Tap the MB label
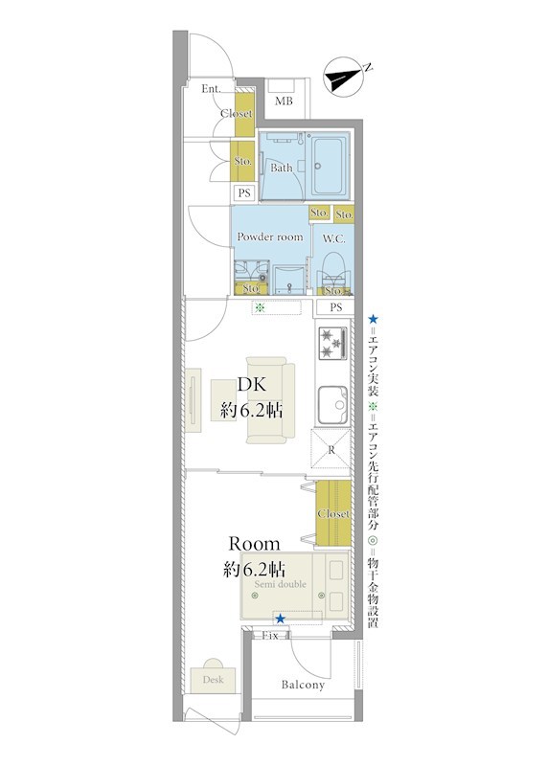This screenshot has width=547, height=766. coord(284,101)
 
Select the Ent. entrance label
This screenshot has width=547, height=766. coord(211,89)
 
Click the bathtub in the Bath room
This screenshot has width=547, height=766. coord(330,165)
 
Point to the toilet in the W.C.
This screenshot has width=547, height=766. coord(334,271)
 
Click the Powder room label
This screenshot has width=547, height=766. coord(270,237)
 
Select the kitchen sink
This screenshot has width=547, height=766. coord(332,405)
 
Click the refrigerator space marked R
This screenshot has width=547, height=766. coord(330,449)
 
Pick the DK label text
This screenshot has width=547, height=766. coord(252,385)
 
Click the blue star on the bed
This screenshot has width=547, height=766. coord(280,619)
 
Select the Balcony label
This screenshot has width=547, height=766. coord(303,685)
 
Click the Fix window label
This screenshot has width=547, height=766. coord(270,636)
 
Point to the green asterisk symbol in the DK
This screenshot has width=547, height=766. coord(260,307)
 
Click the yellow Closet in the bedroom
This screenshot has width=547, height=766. coord(333,513)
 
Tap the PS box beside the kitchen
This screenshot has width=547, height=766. coord(335,307)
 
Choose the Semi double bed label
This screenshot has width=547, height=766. coord(280,584)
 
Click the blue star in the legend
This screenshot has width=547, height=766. coord(373,320)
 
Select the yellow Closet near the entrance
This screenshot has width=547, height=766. coord(245,113)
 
